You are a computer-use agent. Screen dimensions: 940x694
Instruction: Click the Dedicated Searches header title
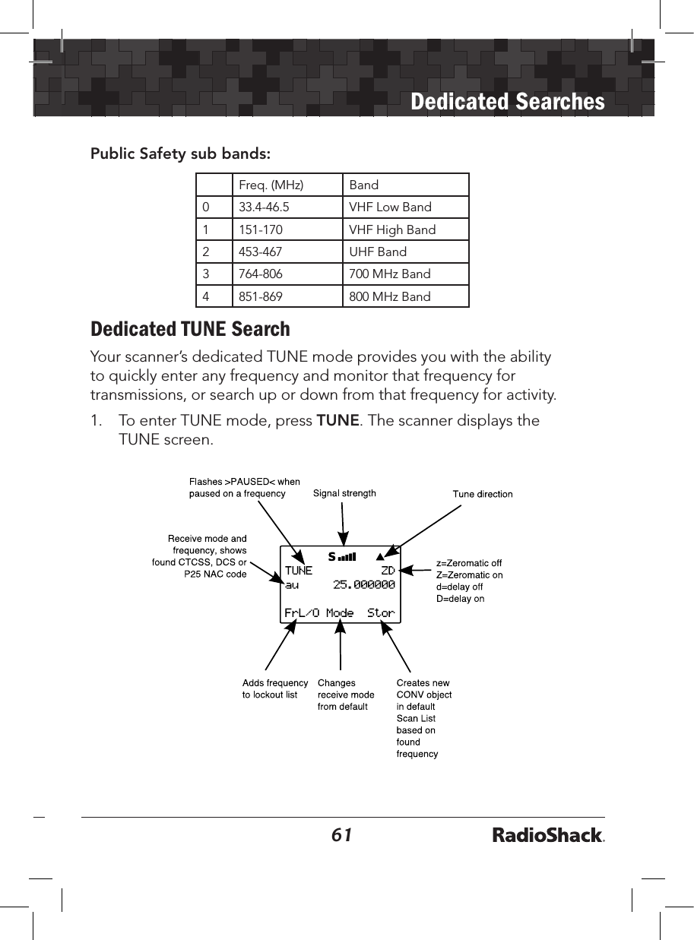(507, 101)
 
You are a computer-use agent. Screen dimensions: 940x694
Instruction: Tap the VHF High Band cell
(392, 229)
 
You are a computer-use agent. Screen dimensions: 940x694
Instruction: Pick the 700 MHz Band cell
(389, 274)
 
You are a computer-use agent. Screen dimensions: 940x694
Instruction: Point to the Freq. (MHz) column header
(271, 185)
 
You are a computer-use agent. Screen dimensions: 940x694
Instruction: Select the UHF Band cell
(378, 252)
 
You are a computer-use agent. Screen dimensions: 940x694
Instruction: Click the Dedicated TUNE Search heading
(190, 329)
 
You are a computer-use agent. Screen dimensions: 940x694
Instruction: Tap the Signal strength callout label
(344, 493)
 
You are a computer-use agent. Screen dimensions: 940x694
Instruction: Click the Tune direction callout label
(483, 494)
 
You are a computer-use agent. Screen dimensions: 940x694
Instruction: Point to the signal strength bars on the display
(347, 557)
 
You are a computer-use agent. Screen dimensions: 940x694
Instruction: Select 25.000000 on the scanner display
(364, 584)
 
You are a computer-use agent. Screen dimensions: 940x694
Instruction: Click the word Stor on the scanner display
(381, 612)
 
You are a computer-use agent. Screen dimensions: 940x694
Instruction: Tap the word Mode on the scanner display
(340, 612)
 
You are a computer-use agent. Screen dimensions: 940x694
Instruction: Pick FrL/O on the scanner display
(302, 612)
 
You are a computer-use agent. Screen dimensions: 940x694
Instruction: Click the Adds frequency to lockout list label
(274, 688)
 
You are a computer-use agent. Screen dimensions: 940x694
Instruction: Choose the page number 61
(342, 835)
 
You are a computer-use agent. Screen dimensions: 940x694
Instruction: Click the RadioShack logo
(548, 836)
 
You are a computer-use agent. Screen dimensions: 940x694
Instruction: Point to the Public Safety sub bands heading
(180, 154)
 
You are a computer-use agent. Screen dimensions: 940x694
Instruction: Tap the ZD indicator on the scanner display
(388, 571)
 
